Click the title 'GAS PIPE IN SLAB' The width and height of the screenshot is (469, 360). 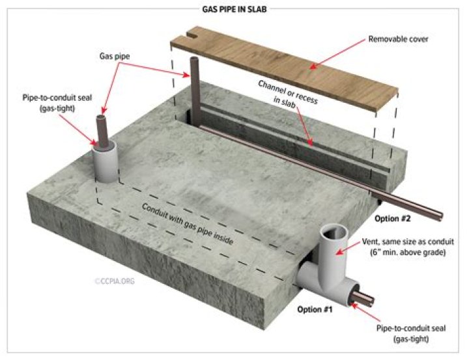(234, 9)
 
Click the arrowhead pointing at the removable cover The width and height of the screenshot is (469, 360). (306, 65)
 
